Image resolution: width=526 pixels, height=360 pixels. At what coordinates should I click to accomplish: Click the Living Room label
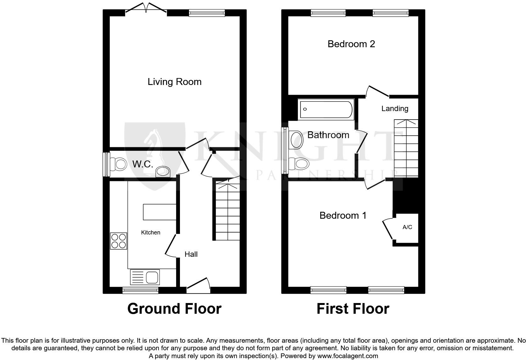(x=175, y=82)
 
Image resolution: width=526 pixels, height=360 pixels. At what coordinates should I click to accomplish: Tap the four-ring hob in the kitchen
(x=119, y=241)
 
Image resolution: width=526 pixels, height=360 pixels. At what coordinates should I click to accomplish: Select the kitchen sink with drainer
(x=145, y=277)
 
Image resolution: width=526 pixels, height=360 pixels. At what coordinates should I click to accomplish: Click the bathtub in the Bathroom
(x=326, y=109)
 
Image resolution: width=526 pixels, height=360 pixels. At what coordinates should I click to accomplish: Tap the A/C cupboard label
(x=407, y=227)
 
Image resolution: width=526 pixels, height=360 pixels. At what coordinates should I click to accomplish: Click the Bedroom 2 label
(x=351, y=44)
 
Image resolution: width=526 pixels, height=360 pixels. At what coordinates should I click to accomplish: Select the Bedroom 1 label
(x=343, y=216)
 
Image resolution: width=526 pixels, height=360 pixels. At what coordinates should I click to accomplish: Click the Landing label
(x=395, y=109)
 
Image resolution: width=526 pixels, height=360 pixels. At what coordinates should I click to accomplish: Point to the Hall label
(x=191, y=254)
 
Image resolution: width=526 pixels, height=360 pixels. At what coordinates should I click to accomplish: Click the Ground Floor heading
(x=174, y=309)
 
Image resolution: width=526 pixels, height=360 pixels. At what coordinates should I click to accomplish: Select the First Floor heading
(x=353, y=309)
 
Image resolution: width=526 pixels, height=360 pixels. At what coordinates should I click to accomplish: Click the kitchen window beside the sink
(x=140, y=290)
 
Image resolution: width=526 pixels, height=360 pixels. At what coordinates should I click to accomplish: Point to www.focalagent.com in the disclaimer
(x=347, y=356)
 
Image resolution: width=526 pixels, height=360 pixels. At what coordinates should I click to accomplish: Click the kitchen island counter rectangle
(x=159, y=212)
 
